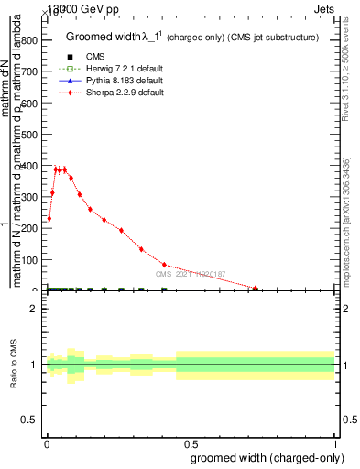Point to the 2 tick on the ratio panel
33,309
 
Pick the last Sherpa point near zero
256,289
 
